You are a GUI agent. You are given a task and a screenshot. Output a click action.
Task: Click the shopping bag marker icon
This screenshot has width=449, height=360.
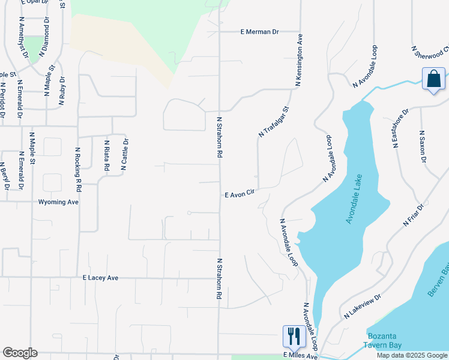pos(433,80)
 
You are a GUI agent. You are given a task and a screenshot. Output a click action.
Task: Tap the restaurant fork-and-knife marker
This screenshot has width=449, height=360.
pos(293,336)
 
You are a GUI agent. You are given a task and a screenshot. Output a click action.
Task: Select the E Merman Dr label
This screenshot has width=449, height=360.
pos(260,32)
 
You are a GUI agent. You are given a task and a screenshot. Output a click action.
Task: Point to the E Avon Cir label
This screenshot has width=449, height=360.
pos(240,195)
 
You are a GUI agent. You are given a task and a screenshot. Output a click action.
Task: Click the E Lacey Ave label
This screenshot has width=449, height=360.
pos(101,278)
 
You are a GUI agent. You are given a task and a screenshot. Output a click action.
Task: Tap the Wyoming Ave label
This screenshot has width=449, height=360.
pos(58,202)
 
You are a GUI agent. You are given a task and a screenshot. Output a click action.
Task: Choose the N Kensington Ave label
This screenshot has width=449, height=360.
pos(298,60)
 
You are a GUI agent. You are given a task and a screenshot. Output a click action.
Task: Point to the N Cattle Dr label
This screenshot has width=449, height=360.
pos(125,155)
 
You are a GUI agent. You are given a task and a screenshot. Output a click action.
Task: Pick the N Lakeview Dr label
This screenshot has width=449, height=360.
pos(363,306)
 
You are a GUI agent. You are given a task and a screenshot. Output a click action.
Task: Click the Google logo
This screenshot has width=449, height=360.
pos(20,353)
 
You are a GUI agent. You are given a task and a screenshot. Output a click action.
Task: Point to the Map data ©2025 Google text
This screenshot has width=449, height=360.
pos(411,355)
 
